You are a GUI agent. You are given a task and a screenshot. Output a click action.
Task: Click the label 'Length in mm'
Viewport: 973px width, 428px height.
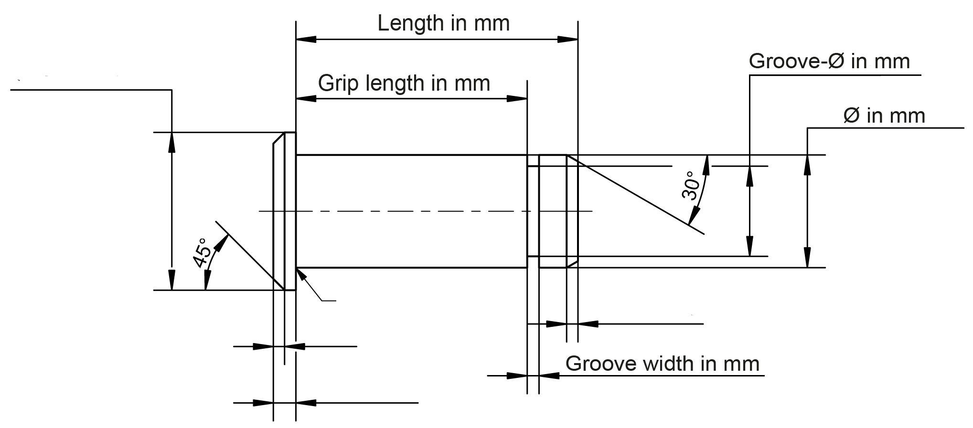443,23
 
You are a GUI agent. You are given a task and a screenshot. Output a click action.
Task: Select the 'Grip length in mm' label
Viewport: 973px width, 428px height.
404,84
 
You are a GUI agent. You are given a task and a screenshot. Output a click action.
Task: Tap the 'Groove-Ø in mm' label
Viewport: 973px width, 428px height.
829,62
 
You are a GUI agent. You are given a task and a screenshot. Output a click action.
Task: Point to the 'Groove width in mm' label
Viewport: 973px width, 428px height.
662,364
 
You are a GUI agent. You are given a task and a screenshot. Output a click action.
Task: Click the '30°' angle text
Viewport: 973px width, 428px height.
691,186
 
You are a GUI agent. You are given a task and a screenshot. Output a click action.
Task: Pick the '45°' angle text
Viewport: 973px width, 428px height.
201,253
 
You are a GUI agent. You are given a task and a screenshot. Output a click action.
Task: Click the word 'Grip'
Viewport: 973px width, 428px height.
338,84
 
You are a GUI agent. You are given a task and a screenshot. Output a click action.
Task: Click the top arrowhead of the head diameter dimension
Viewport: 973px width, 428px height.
172,140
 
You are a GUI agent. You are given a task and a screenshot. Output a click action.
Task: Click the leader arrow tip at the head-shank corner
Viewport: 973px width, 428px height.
298,270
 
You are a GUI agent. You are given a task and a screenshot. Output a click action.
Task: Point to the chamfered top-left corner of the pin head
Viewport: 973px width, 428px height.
278,138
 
